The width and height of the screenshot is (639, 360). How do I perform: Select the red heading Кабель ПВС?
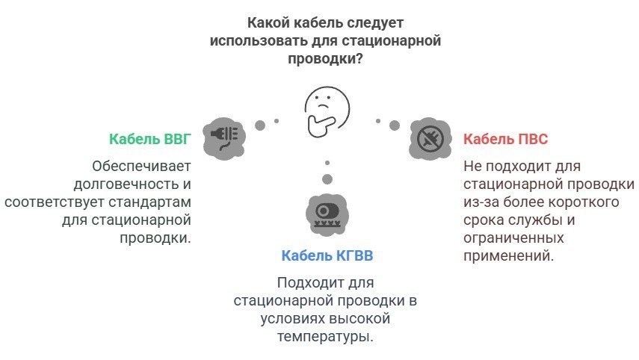[506, 139]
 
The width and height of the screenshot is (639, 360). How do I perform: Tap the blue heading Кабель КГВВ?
[327, 256]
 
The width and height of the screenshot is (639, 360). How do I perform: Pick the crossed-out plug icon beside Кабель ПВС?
[430, 137]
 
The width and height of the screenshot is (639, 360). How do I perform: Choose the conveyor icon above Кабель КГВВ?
[327, 212]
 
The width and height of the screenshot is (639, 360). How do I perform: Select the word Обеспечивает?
[142, 166]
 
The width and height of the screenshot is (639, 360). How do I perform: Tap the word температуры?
[326, 337]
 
